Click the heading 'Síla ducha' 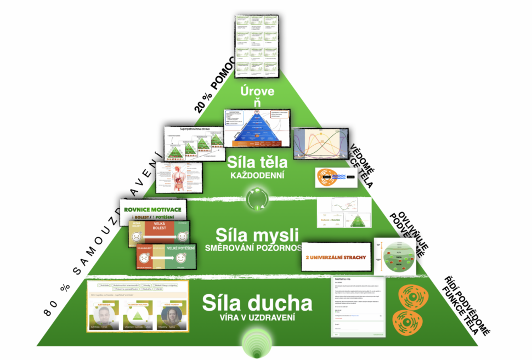[x=257, y=303]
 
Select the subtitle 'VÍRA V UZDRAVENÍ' [x=257, y=318]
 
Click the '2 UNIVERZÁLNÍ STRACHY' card [x=336, y=257]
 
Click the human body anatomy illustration [x=178, y=177]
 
